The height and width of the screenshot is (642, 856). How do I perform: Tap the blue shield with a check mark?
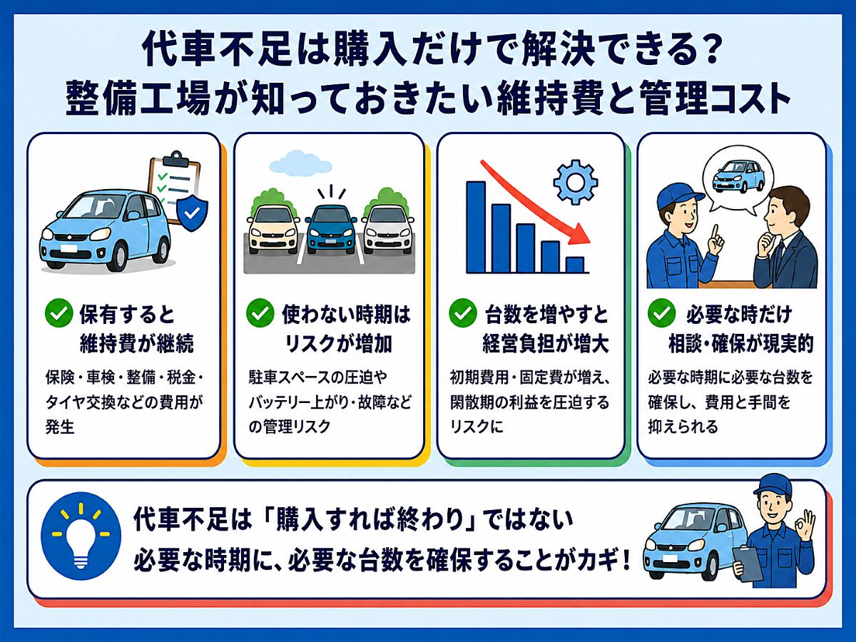click(192, 213)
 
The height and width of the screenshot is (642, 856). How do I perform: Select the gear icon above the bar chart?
click(576, 183)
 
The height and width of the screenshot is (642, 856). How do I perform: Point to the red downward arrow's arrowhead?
click(581, 235)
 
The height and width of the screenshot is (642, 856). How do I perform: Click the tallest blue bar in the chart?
click(477, 227)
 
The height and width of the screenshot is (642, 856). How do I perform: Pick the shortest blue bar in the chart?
click(575, 265)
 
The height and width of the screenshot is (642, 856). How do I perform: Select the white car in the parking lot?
click(388, 230)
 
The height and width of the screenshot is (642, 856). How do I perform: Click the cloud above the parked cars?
click(301, 163)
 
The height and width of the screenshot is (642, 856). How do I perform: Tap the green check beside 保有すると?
click(59, 313)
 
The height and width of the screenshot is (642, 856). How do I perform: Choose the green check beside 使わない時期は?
click(260, 313)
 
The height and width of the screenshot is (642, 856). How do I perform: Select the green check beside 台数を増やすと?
click(463, 313)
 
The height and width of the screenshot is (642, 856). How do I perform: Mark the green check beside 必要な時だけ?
click(662, 313)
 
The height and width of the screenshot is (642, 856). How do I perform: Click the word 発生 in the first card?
click(60, 427)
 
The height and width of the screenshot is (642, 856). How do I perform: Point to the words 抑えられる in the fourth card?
click(683, 427)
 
